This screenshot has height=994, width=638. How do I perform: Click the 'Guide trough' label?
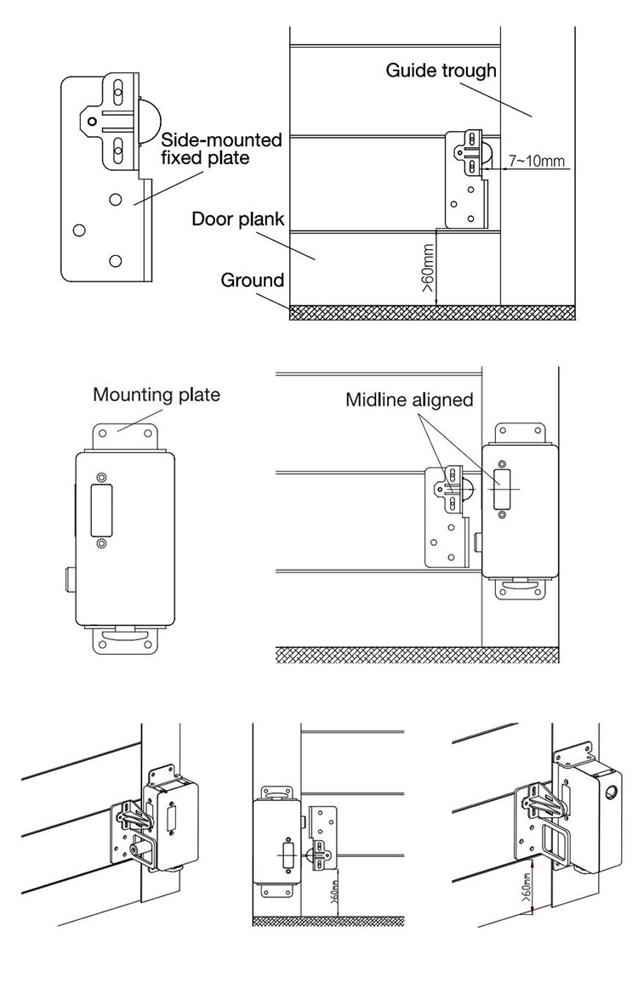441,71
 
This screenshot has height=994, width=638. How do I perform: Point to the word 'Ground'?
252,280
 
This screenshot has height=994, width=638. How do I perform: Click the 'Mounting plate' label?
157,395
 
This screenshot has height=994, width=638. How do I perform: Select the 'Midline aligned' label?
409,400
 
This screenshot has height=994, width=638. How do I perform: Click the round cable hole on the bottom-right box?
612,794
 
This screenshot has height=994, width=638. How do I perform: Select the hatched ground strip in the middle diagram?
417,654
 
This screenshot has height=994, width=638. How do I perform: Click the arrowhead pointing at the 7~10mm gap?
503,168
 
